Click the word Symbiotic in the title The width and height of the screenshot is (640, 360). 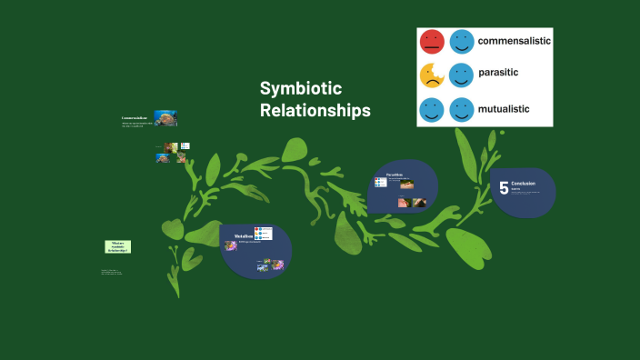pyautogui.click(x=301, y=89)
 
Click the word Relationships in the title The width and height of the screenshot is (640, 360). pyautogui.click(x=315, y=110)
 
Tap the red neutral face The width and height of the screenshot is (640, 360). pyautogui.click(x=432, y=42)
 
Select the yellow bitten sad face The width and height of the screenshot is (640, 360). pyautogui.click(x=432, y=75)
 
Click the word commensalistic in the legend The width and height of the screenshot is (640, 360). pyautogui.click(x=515, y=41)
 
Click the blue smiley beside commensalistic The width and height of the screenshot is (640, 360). pyautogui.click(x=463, y=42)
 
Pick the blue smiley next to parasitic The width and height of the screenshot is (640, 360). pyautogui.click(x=463, y=75)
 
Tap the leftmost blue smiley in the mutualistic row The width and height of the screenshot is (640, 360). pyautogui.click(x=432, y=110)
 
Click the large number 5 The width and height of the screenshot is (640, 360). pyautogui.click(x=504, y=188)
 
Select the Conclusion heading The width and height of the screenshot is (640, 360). pyautogui.click(x=524, y=184)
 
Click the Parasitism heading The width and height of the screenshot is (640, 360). pyautogui.click(x=395, y=174)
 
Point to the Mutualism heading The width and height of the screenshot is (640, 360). pyautogui.click(x=243, y=236)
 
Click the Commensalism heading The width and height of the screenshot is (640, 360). pyautogui.click(x=135, y=118)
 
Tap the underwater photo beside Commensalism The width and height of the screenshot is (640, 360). pyautogui.click(x=165, y=118)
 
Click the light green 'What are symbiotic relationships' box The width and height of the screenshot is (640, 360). pyautogui.click(x=117, y=246)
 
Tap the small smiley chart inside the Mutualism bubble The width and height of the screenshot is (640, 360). pyautogui.click(x=263, y=234)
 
